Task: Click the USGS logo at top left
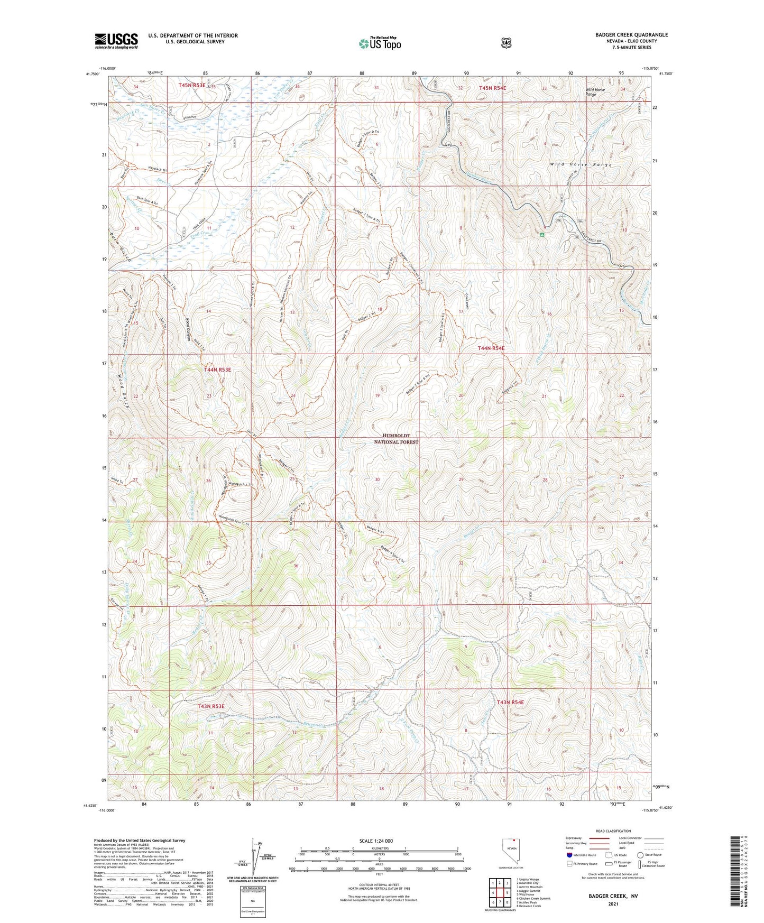tap(116, 40)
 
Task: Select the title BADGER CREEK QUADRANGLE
tap(631, 35)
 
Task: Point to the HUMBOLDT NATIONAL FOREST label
tap(396, 438)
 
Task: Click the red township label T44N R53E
tap(217, 370)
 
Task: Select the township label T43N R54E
tap(510, 702)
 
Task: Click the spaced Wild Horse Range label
tap(581, 165)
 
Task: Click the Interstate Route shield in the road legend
tap(569, 855)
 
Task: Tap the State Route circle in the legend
tap(640, 854)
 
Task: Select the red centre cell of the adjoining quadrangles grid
tap(499, 893)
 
